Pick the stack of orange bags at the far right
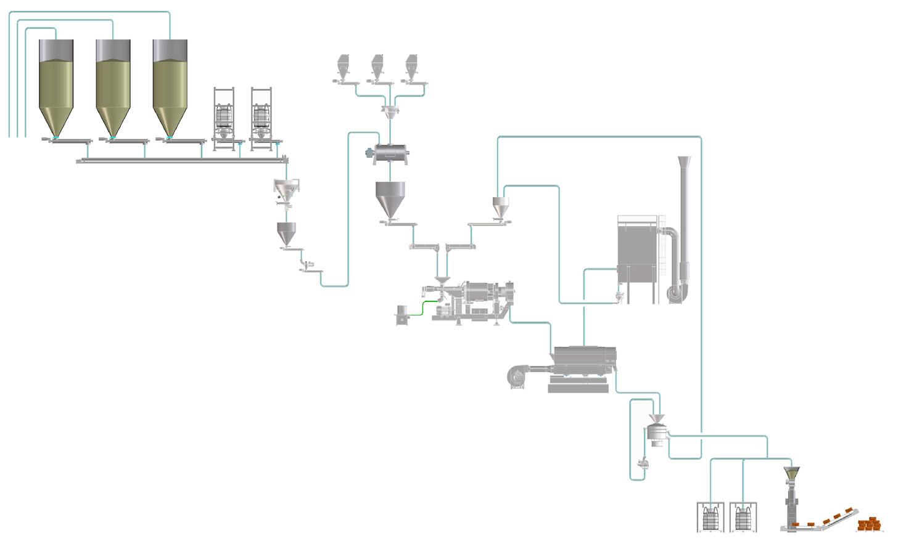[x=870, y=524]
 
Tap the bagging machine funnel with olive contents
[x=791, y=474]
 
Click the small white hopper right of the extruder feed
[x=500, y=206]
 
